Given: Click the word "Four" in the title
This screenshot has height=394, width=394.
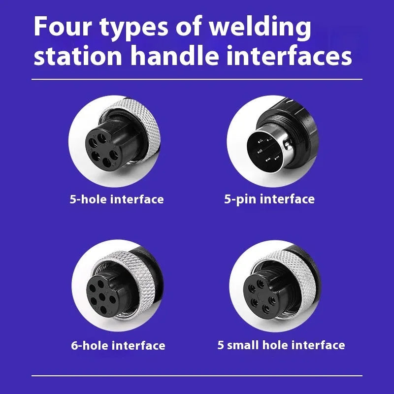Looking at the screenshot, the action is [x=63, y=27].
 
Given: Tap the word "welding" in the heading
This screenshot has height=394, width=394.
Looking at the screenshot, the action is [x=260, y=28].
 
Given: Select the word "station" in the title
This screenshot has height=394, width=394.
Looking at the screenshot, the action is [x=78, y=56].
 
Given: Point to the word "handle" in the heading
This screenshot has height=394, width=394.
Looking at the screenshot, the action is [x=175, y=55].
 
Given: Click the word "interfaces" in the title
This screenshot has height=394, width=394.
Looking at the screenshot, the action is [x=289, y=55].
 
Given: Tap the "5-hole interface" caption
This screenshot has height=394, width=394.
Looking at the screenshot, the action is [x=117, y=199].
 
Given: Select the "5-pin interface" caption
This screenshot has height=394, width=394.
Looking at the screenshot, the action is [x=269, y=199].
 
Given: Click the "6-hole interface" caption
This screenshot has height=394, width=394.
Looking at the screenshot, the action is [x=118, y=346].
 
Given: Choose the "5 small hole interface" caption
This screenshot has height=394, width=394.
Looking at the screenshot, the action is [x=281, y=345].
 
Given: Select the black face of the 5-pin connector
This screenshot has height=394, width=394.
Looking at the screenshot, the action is [x=265, y=152].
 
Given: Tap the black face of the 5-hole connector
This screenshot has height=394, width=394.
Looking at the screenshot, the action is [x=103, y=150].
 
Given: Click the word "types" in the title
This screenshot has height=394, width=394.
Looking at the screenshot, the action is [x=133, y=28].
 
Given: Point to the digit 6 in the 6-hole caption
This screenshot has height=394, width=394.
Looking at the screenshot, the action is [x=75, y=346].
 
